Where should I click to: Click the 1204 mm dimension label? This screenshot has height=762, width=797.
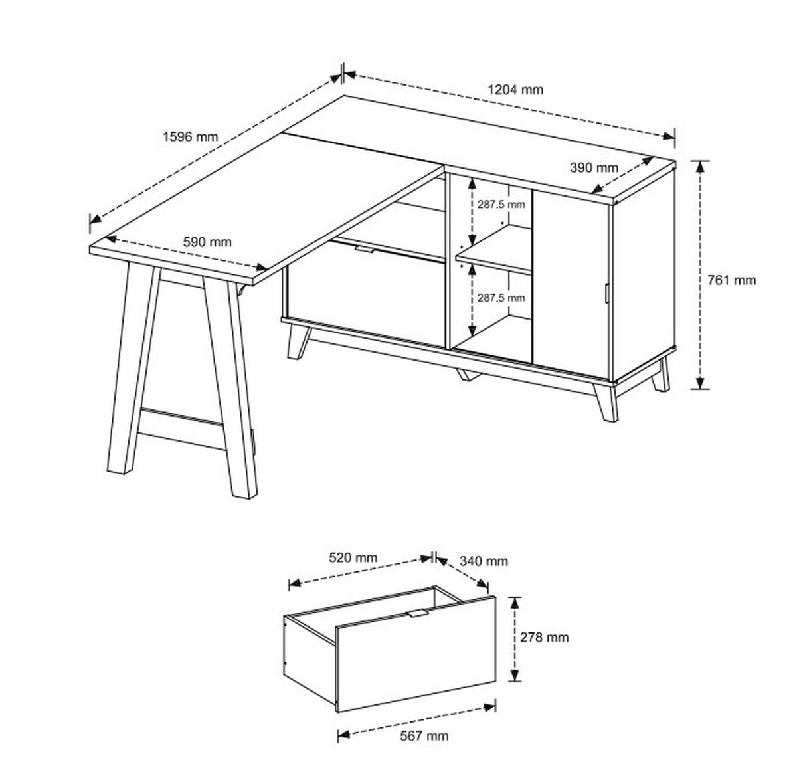point(515,89)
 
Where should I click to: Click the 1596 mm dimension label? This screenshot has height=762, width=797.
point(190,136)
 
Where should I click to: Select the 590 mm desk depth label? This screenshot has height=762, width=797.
point(207,242)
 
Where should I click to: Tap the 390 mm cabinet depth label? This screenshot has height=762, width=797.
point(594,167)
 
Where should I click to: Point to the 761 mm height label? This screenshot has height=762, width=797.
point(731,280)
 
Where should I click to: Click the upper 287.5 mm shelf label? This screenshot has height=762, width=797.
point(501,205)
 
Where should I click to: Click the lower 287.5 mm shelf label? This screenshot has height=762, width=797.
point(501,298)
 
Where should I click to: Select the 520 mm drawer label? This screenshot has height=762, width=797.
point(353,557)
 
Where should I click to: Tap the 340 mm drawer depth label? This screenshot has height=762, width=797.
point(484,561)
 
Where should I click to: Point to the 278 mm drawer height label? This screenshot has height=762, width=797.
point(544,637)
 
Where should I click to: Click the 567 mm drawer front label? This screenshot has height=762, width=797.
point(424,735)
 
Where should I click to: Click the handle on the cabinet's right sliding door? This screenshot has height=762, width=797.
point(606,293)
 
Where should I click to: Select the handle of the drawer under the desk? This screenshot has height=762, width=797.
point(365,250)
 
